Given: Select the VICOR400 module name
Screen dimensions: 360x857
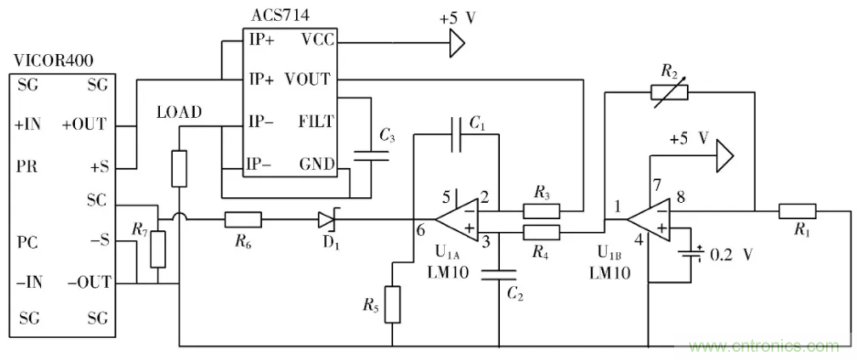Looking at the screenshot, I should [52, 61].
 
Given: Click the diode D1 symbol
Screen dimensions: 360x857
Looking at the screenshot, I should [328, 219].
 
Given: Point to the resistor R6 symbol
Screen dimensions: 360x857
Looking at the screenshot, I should [243, 219].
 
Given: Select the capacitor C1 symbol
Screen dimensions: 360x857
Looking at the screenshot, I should [456, 134].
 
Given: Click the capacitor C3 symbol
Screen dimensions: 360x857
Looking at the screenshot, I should [368, 156].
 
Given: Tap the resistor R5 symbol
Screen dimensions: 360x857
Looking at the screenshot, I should [393, 304].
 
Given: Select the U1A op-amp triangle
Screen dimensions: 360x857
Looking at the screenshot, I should [457, 219].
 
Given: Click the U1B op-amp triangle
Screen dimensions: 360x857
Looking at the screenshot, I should [650, 219].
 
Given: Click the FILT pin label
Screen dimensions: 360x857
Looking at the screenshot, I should [315, 121].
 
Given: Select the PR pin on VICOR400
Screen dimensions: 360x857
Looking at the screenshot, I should [26, 168].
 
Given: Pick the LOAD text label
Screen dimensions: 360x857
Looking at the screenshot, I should [179, 112].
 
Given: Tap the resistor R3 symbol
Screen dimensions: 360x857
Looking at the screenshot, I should [542, 211].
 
